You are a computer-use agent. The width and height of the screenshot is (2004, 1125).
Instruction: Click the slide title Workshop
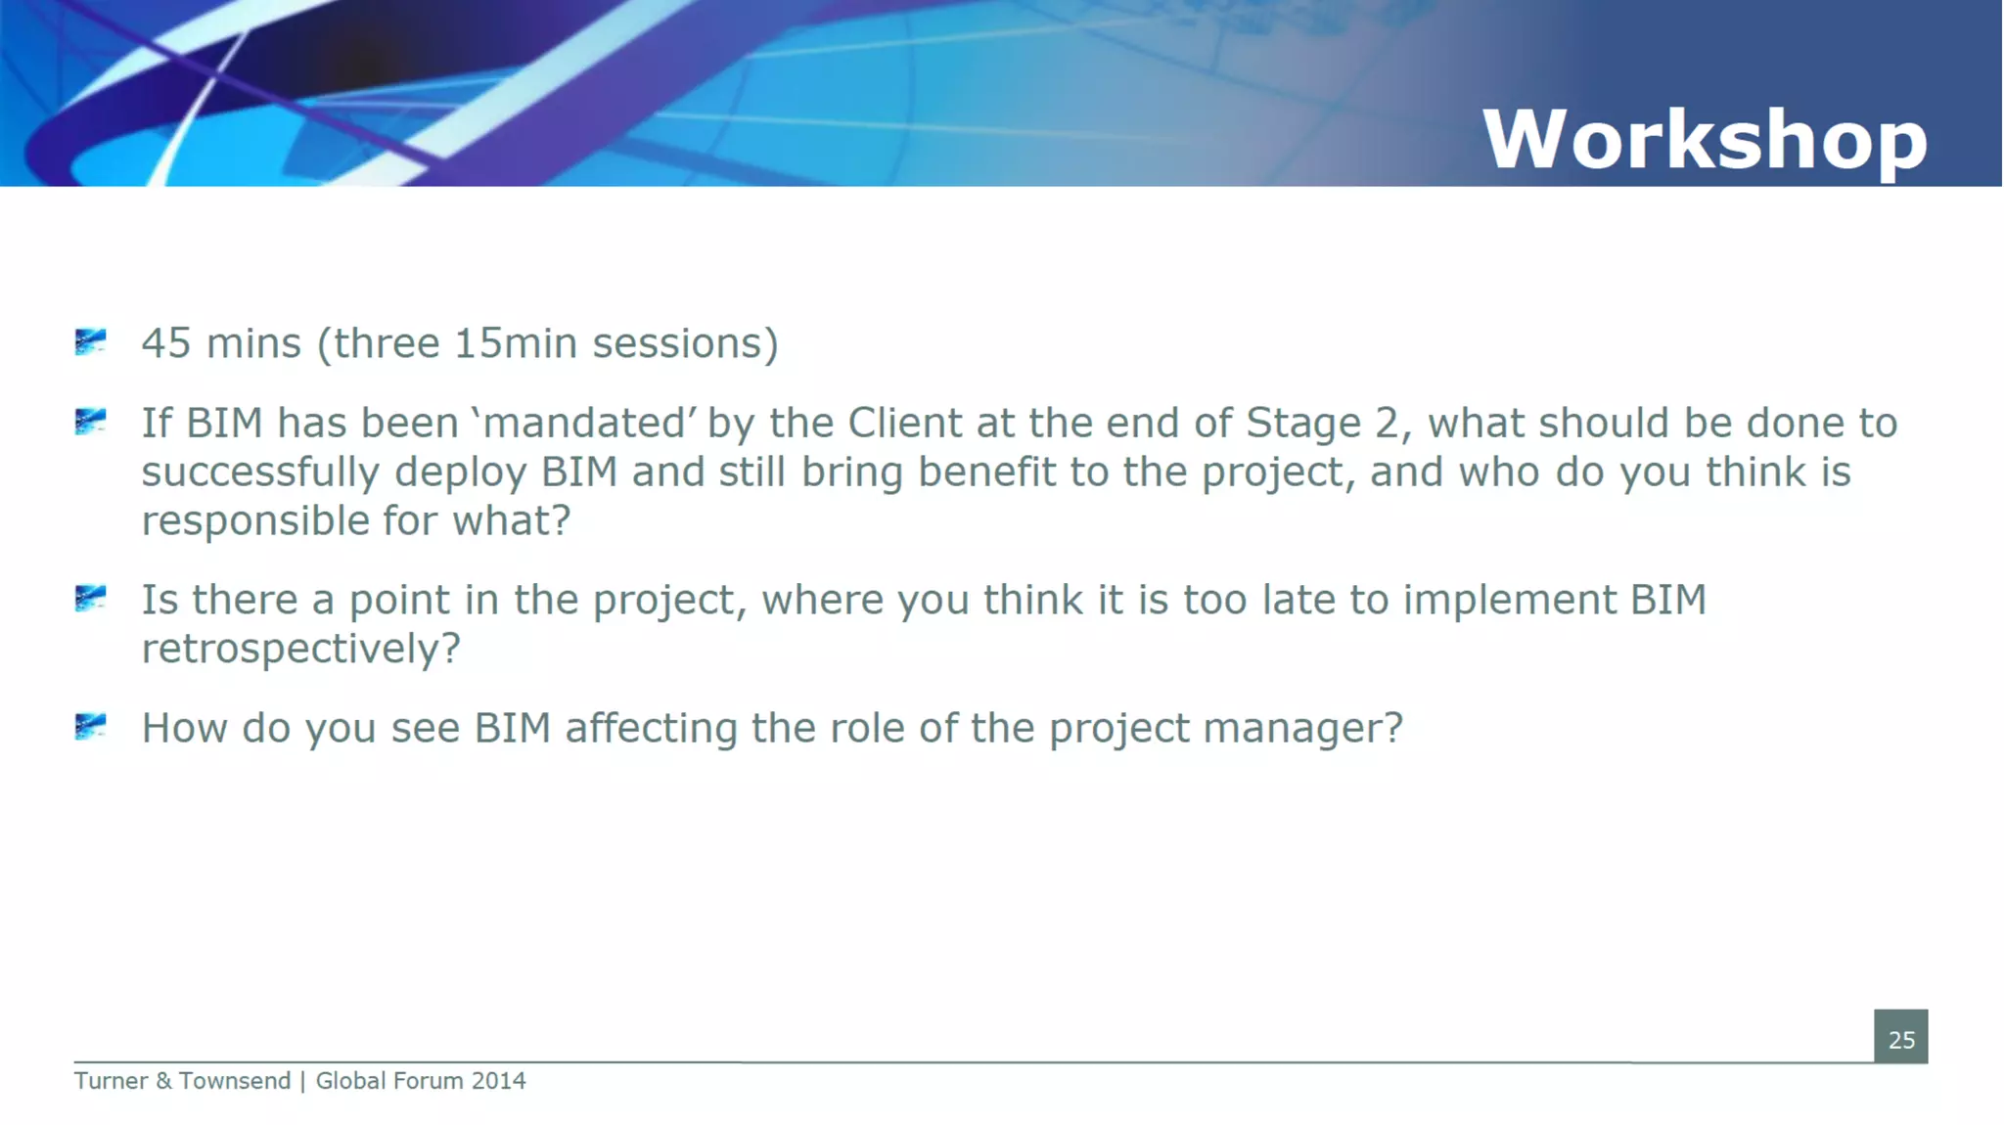tap(1704, 140)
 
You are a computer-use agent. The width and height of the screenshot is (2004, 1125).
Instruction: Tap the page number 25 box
tap(1900, 1037)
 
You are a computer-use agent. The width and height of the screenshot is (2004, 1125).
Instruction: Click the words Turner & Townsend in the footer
tap(182, 1081)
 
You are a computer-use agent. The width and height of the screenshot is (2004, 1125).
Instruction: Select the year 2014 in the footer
tap(498, 1081)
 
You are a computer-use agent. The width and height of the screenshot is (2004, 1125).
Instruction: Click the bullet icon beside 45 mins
tap(90, 341)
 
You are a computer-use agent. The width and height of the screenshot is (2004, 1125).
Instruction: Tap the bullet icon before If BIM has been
tap(90, 421)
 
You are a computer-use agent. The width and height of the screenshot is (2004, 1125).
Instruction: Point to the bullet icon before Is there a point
tap(90, 598)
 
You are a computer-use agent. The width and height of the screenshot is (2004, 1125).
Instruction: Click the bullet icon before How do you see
tap(90, 726)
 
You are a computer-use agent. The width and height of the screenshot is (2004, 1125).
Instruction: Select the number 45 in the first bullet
tap(165, 343)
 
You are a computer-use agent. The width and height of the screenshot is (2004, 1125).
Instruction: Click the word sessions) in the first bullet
tap(685, 343)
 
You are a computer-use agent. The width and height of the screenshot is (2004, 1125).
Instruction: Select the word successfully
tap(260, 473)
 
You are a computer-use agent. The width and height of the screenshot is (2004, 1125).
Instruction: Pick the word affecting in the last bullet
tap(651, 729)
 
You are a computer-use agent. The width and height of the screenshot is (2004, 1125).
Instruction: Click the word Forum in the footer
tap(428, 1081)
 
